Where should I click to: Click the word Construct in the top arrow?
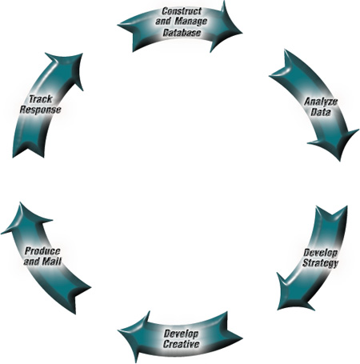182,11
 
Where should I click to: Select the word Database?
182,33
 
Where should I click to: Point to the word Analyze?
321,102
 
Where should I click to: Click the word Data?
321,112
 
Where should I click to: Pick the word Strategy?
320,263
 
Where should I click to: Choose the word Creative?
182,344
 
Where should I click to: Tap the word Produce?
42,251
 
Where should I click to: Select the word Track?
41,99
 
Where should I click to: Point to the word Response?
41,110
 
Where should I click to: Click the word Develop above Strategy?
321,253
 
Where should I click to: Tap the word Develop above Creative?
181,334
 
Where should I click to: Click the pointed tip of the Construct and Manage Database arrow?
242,34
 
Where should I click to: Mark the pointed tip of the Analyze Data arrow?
340,161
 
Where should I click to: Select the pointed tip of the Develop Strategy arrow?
278,310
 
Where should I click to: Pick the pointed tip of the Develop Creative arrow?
118,330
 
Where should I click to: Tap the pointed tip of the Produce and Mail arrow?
20,202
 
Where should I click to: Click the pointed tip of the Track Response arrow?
82,54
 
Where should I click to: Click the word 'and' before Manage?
163,22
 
